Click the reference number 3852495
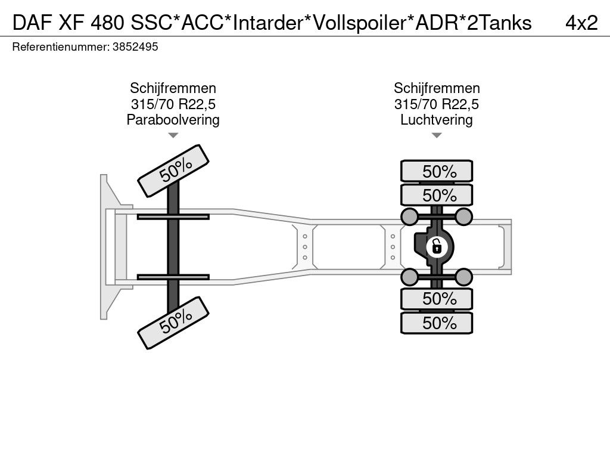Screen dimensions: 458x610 135,47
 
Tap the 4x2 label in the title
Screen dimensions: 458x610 581,23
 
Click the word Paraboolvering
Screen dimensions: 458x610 173,120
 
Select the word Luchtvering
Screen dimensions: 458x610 437,120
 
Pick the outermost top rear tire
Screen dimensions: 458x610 437,172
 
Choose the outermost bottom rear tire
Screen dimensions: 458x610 437,323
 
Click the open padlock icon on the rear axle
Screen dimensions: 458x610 436,245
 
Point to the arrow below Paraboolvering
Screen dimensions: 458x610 173,135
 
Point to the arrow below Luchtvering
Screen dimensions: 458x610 437,135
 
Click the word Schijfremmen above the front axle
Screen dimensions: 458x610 173,89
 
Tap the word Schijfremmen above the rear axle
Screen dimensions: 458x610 437,89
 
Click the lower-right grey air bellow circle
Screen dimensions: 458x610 463,276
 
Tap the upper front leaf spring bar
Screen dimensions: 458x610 173,216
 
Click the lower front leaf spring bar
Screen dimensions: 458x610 173,277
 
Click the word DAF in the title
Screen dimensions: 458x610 29,23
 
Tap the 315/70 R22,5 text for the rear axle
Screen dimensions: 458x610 437,104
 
